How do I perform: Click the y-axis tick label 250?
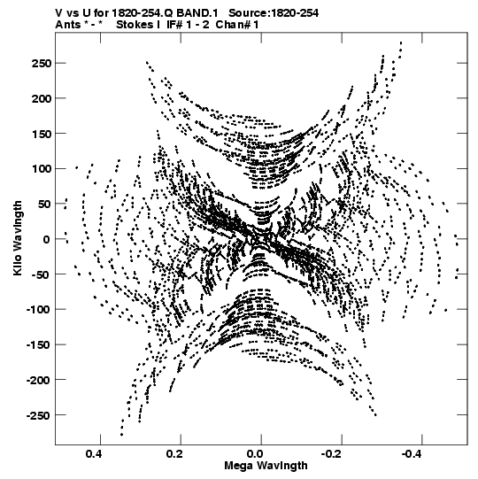click(x=41, y=64)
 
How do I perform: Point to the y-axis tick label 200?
click(x=41, y=98)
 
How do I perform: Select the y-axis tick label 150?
click(x=41, y=134)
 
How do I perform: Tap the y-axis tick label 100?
click(x=41, y=169)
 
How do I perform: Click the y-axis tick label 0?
click(x=46, y=239)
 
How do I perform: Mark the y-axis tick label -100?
click(x=38, y=310)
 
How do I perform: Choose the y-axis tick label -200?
click(x=38, y=380)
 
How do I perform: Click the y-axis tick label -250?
click(x=38, y=415)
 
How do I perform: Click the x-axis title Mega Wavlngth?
click(x=266, y=467)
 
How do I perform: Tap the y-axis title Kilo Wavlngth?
click(x=18, y=238)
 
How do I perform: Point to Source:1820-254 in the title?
click(x=274, y=13)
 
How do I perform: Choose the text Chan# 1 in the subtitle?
click(x=237, y=25)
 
